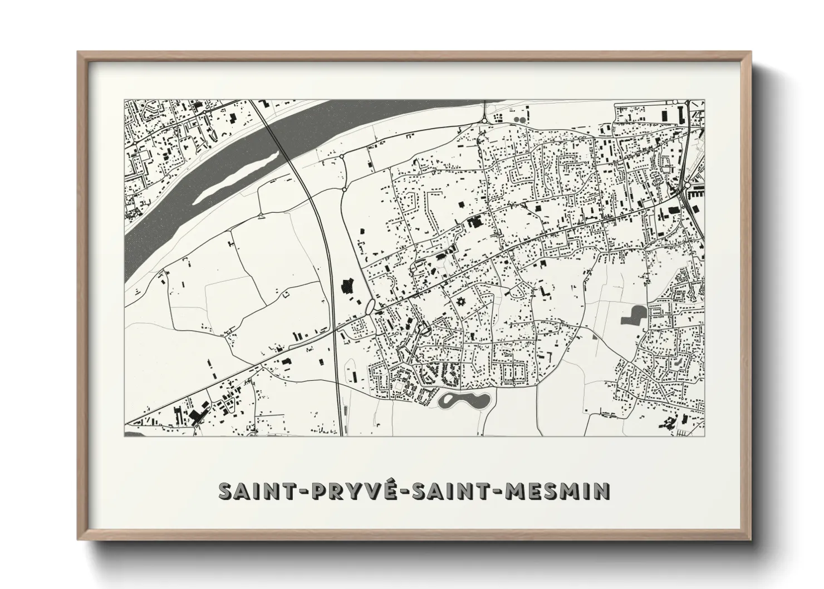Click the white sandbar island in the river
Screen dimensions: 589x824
pyautogui.click(x=238, y=172)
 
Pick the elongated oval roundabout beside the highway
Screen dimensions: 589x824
pyautogui.click(x=370, y=306)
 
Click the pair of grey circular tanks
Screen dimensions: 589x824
pyautogui.click(x=519, y=119)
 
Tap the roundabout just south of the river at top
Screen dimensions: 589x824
pyautogui.click(x=484, y=119)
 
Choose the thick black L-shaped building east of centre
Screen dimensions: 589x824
pyautogui.click(x=544, y=291)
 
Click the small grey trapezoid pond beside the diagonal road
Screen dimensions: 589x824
pyautogui.click(x=595, y=336)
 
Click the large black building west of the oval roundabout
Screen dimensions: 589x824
pyautogui.click(x=349, y=286)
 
